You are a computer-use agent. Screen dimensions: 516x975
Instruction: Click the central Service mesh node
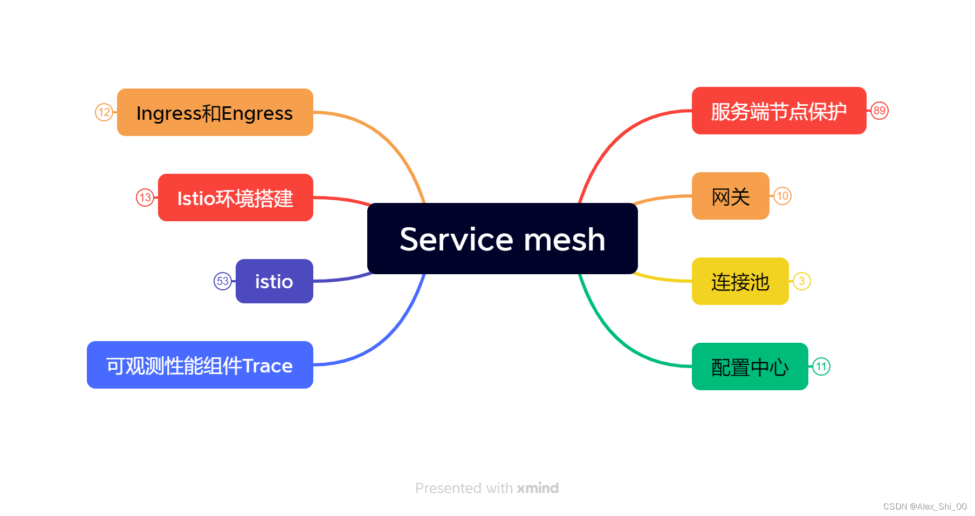tap(502, 239)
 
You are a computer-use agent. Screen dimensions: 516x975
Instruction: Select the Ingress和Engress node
tap(215, 112)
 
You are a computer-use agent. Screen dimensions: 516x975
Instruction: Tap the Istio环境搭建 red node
tap(235, 198)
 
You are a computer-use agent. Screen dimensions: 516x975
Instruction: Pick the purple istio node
tap(274, 281)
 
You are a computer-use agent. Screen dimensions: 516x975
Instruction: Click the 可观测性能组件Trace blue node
tap(200, 365)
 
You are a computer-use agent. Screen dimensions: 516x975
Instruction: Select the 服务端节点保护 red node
tap(779, 111)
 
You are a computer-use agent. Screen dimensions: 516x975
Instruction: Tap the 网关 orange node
tap(730, 196)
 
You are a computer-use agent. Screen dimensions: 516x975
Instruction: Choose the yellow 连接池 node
tap(740, 281)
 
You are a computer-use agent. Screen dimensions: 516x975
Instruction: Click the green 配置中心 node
tap(750, 366)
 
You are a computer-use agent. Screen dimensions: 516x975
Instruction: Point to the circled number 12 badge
tap(104, 112)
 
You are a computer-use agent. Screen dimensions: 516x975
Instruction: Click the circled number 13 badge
tap(145, 198)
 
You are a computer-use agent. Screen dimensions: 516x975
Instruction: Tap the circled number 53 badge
tap(222, 281)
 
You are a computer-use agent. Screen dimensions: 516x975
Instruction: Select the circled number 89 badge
tap(880, 111)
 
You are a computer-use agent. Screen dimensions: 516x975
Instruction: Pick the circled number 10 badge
tap(782, 196)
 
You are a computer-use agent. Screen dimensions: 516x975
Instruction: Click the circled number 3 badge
tap(802, 281)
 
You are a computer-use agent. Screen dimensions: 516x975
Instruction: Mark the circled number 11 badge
tap(821, 366)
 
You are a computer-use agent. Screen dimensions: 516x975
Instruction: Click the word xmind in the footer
tap(538, 488)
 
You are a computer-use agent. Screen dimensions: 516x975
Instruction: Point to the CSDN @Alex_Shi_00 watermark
tap(925, 506)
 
